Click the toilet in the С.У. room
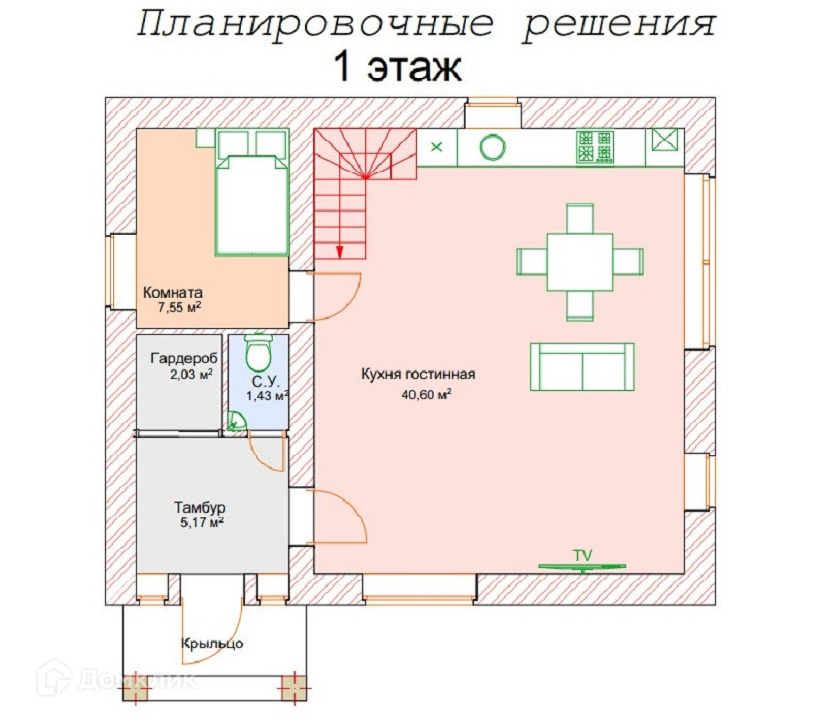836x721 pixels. tap(259, 353)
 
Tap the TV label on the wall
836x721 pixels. tap(582, 556)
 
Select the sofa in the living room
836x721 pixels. tap(582, 367)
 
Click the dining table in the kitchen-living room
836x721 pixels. tap(580, 262)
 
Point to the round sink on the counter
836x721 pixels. tap(493, 147)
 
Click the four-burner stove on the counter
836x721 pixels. tap(595, 146)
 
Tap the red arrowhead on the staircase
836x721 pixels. tap(339, 252)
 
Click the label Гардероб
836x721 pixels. tap(184, 359)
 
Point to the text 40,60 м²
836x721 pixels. tap(427, 394)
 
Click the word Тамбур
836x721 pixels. tap(200, 507)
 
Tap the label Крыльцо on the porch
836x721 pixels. tap(212, 643)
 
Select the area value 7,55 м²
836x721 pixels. tap(179, 307)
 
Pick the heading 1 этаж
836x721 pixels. tap(398, 68)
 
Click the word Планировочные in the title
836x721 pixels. tap(314, 24)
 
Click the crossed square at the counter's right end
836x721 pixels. tap(664, 141)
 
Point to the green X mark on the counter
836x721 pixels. tap(436, 146)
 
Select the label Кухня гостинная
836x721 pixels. tap(418, 374)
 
